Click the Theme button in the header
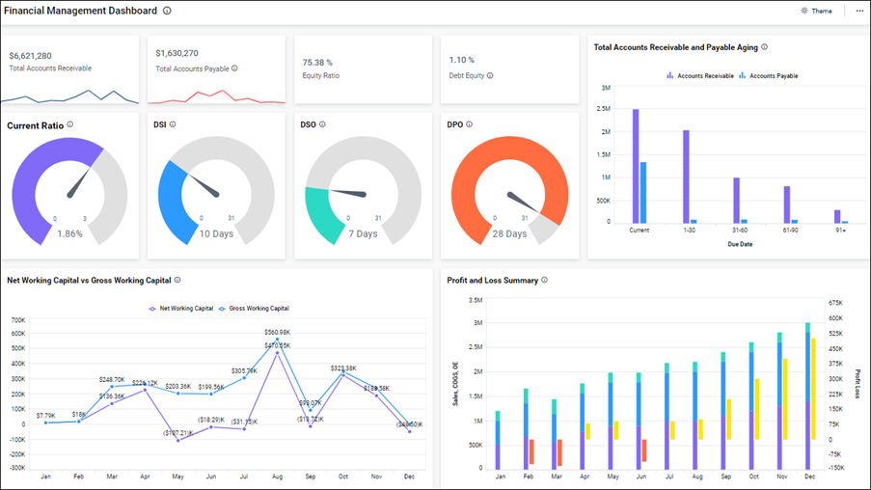[816, 11]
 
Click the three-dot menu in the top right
[859, 11]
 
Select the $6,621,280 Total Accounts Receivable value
[31, 56]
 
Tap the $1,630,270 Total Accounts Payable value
[177, 53]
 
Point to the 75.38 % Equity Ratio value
[318, 62]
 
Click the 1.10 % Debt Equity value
[462, 60]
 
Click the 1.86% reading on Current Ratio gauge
[69, 233]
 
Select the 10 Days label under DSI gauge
[216, 233]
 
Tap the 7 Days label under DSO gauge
[363, 233]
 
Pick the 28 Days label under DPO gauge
[509, 233]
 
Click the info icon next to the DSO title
[322, 124]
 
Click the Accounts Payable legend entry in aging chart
[773, 75]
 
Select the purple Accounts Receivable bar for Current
[636, 165]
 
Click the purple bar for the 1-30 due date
[686, 176]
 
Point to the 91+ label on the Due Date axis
[841, 230]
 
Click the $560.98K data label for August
[278, 332]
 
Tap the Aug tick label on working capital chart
[278, 476]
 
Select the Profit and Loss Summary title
[492, 280]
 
